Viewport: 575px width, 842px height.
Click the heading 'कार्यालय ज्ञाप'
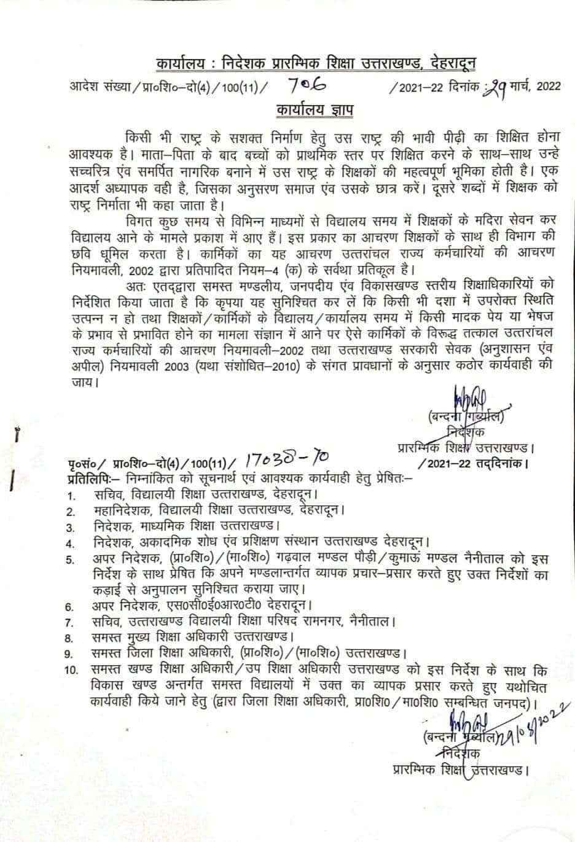[314, 111]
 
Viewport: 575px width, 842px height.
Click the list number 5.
[72, 559]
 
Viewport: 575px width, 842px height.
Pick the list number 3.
[71, 527]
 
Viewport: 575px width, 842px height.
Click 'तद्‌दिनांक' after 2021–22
[501, 462]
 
